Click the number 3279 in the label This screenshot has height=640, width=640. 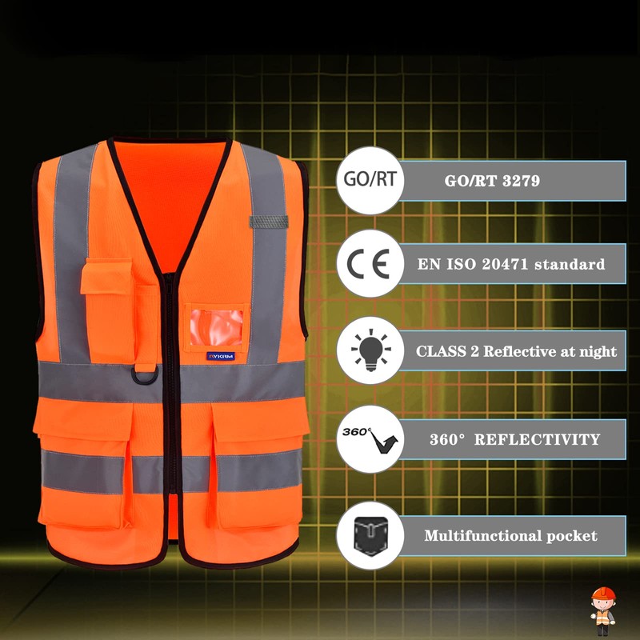(521, 181)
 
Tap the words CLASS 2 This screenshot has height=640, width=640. (448, 351)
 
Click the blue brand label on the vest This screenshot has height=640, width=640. (220, 357)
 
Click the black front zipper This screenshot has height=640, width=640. (171, 400)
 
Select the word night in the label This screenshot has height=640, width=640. (598, 351)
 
